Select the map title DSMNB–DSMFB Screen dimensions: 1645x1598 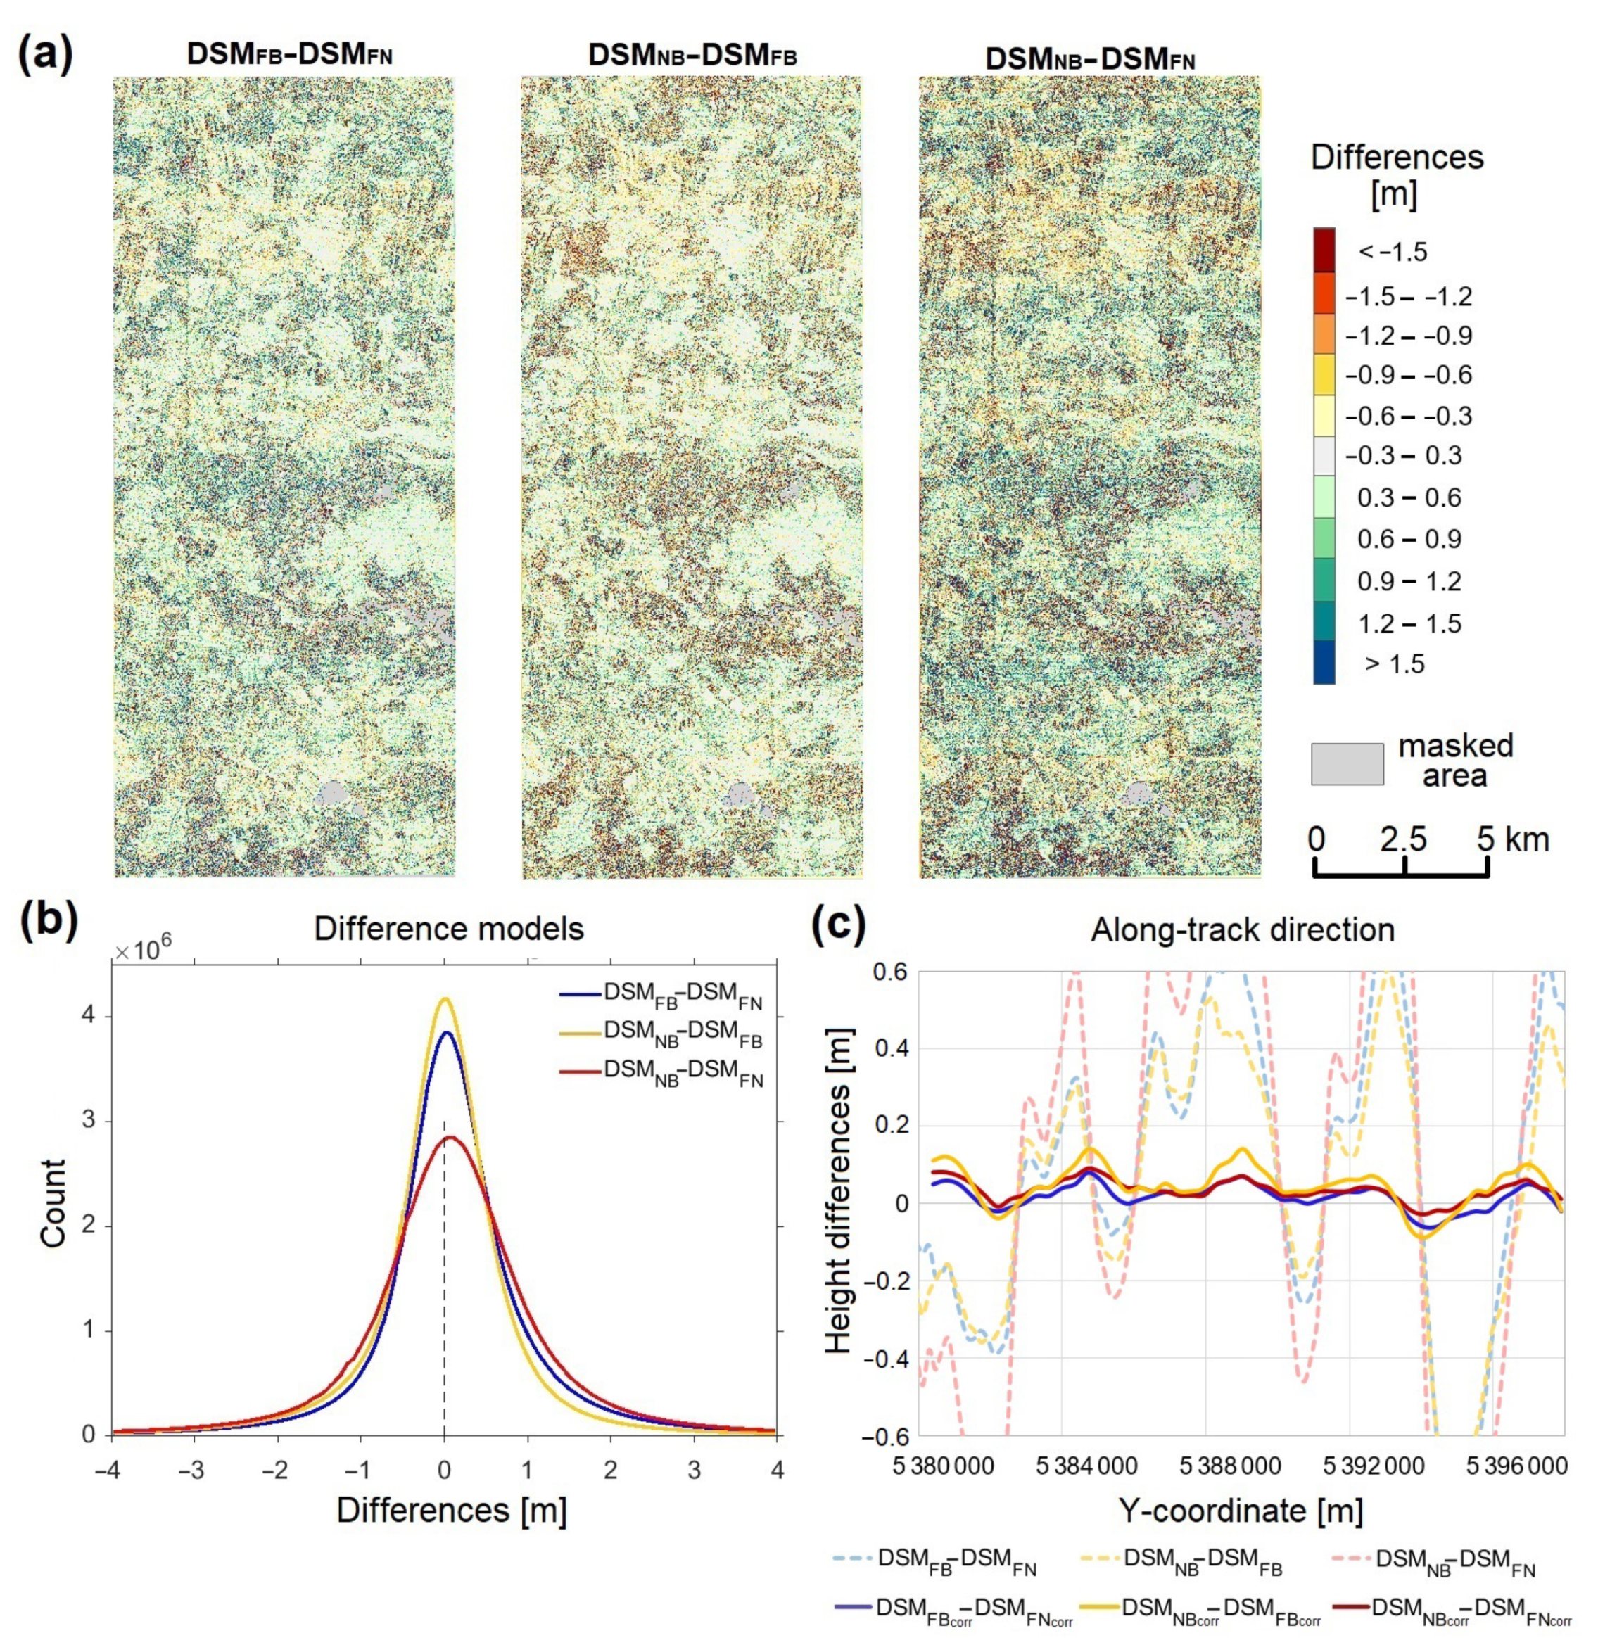[x=692, y=56]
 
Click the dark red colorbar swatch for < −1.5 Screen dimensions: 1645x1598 [x=1324, y=250]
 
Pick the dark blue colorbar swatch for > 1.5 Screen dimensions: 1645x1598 [x=1324, y=663]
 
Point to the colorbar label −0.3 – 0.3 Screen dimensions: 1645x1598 [x=1403, y=456]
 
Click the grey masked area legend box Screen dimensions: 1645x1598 [x=1347, y=764]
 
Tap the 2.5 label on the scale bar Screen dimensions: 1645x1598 [x=1403, y=839]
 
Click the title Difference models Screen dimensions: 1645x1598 [x=448, y=929]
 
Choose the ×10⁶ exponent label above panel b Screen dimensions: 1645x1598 [x=143, y=951]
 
